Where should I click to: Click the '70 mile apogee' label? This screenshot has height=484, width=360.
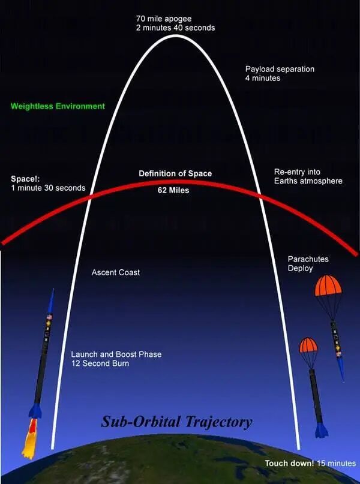(164, 19)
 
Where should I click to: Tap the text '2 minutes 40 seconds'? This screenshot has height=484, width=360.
(175, 28)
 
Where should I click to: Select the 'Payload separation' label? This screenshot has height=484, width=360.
(280, 69)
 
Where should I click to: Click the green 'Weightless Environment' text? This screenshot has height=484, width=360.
(58, 106)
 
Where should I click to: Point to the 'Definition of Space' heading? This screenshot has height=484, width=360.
(175, 173)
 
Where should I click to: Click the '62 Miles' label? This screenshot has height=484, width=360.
(173, 191)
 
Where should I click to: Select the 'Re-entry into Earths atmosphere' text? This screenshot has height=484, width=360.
(308, 176)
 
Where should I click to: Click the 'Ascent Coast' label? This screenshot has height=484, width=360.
(116, 272)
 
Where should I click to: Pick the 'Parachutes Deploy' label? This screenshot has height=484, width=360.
(308, 263)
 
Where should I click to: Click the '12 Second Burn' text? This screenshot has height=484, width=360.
(100, 363)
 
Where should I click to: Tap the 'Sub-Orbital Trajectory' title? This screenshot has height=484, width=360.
(176, 422)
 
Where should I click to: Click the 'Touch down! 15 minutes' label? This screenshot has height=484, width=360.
(310, 464)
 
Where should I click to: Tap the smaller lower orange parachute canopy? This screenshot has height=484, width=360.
(308, 345)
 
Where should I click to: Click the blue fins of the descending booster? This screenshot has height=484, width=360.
(322, 429)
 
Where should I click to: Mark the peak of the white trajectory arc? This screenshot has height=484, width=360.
(175, 36)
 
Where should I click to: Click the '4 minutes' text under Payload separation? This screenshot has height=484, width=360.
(263, 78)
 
